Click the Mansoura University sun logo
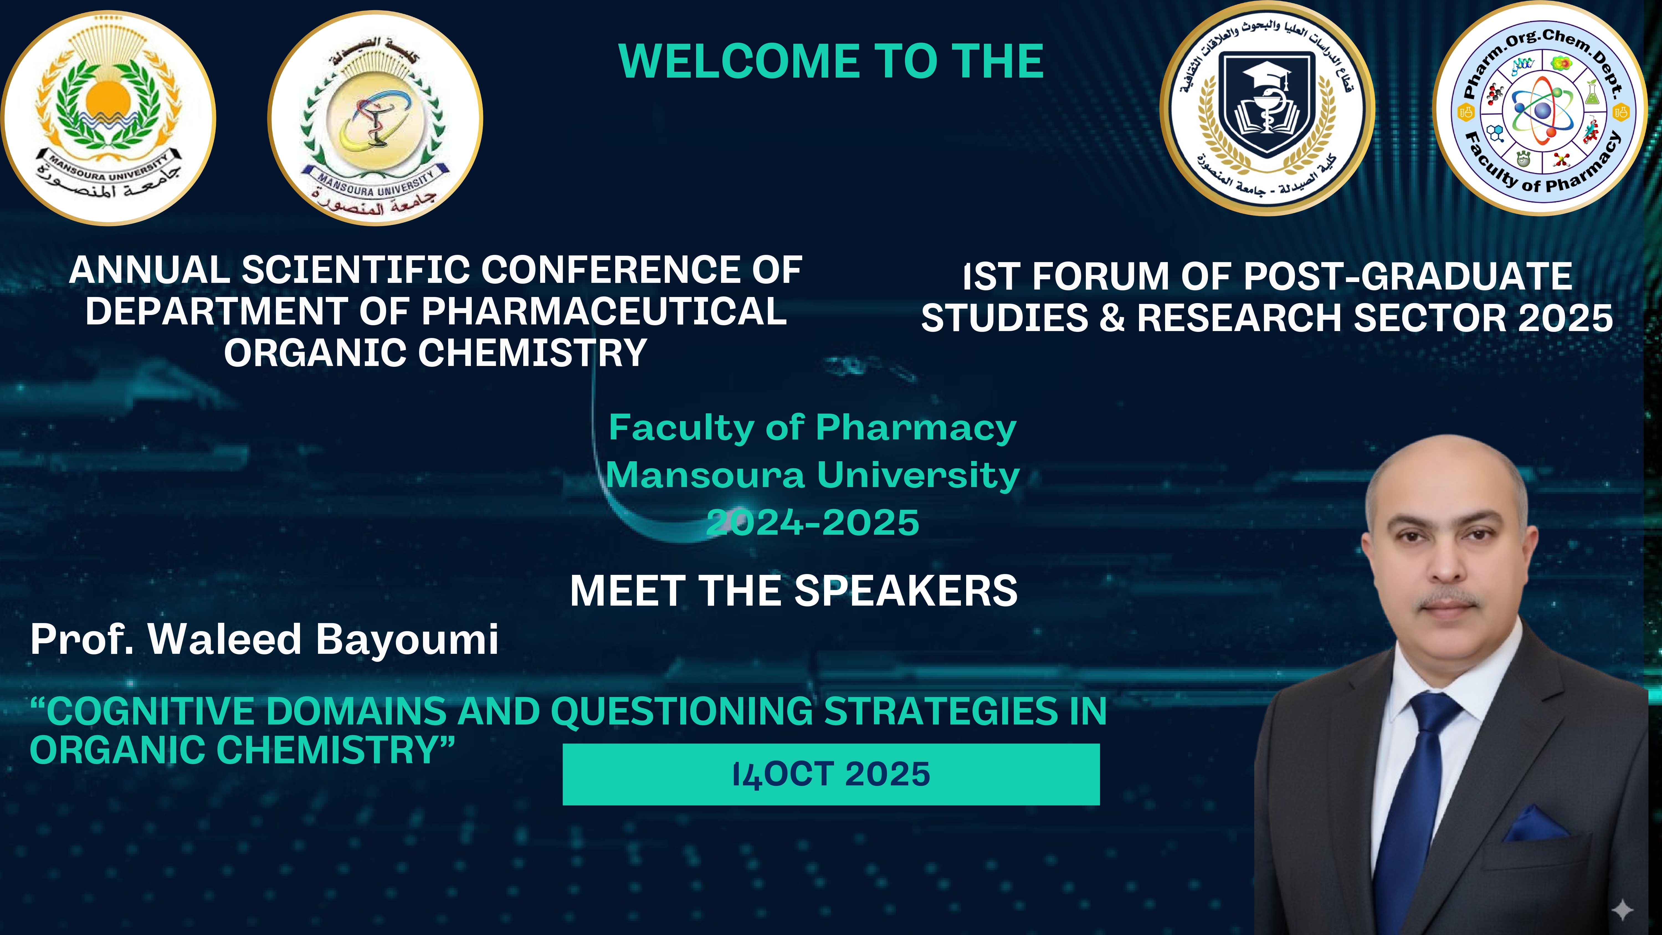[x=108, y=118]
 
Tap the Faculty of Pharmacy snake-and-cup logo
[x=375, y=118]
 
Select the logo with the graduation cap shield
[x=1267, y=108]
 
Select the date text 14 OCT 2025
[x=831, y=774]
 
